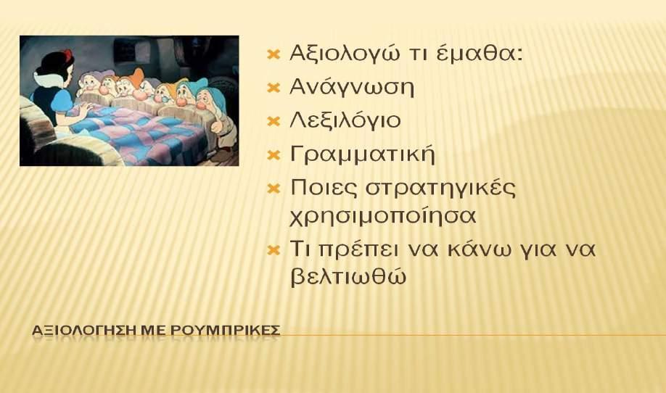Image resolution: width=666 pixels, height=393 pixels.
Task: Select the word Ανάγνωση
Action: click(352, 87)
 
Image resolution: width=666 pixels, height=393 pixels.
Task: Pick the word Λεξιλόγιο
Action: click(345, 120)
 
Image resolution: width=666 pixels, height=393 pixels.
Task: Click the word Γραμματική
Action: click(362, 154)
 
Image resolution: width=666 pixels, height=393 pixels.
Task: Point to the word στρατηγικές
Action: click(440, 188)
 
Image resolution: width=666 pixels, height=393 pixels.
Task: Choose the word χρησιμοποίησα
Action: click(382, 216)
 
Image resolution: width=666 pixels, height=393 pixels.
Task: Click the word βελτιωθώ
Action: click(348, 278)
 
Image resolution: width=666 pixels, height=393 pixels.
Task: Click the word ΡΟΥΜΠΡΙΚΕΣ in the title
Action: click(225, 330)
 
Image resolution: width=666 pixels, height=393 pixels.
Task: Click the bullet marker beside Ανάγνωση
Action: click(274, 88)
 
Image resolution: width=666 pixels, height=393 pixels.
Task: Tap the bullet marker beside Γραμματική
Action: click(274, 155)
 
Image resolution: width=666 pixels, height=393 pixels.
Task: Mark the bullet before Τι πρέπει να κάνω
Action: click(274, 250)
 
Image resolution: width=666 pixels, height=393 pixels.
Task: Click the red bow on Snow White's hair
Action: click(68, 54)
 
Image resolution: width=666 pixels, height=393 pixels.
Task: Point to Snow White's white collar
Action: click(49, 80)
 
